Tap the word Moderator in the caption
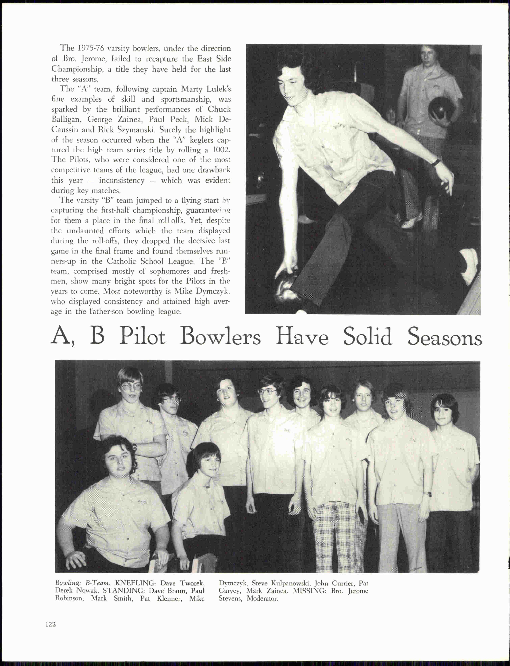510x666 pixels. [262, 598]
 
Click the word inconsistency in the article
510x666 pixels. [122, 181]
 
